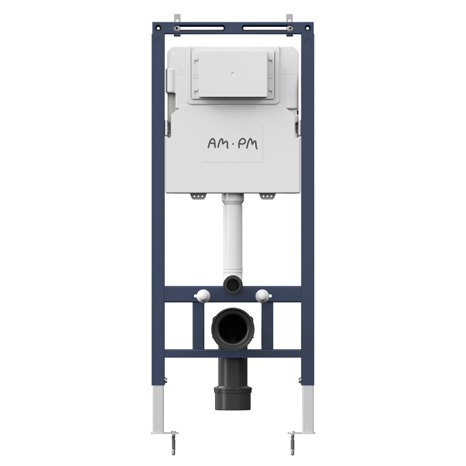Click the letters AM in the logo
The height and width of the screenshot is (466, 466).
(x=218, y=144)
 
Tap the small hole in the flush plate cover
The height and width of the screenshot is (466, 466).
(x=233, y=73)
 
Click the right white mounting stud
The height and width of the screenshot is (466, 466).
(x=263, y=296)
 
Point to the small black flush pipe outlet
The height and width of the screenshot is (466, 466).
(x=233, y=285)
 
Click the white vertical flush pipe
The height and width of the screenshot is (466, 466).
(x=233, y=235)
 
